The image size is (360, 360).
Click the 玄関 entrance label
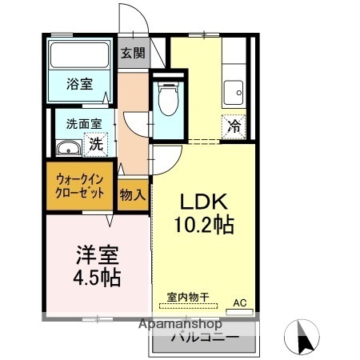point(133,54)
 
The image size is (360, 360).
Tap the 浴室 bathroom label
point(78,82)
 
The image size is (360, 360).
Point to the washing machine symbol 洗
point(96,145)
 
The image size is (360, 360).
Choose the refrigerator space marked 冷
point(234,126)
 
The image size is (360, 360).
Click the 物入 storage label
point(133,194)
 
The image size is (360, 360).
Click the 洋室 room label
point(98,256)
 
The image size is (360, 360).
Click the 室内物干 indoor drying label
point(188,297)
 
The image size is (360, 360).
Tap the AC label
point(238,302)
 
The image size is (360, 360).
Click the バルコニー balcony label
point(205,339)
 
